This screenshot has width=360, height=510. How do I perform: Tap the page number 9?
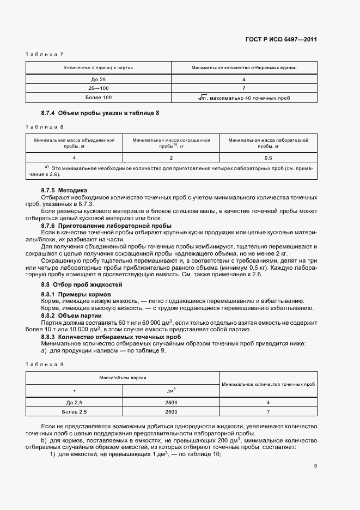pos(315,465)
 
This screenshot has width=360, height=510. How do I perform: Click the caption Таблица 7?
pos(45,54)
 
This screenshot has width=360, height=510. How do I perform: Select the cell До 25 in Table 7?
pos(99,79)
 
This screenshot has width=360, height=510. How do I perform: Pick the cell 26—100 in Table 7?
pos(99,88)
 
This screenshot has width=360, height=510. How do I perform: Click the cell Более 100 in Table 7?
pos(99,98)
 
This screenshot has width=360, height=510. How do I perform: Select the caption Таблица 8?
pos(45,127)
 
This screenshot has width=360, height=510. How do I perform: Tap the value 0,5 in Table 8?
pos(268,157)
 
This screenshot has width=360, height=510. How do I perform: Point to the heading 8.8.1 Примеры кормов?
pos(76,294)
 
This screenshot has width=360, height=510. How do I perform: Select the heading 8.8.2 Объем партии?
pos(71,315)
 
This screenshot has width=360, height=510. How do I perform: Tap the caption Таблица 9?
pos(45,364)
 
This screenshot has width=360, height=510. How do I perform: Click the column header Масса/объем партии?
pos(123,378)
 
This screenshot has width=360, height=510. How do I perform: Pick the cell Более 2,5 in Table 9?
pos(74,411)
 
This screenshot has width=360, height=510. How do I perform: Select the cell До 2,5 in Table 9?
pos(74,402)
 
